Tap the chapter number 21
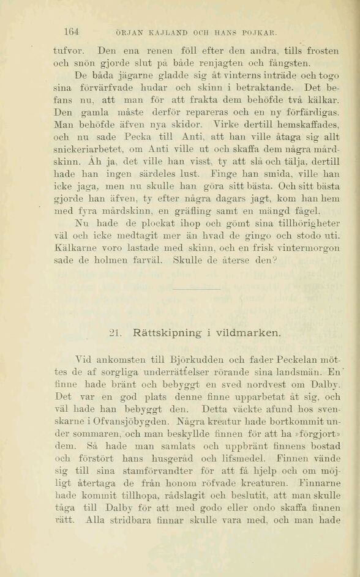115,333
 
